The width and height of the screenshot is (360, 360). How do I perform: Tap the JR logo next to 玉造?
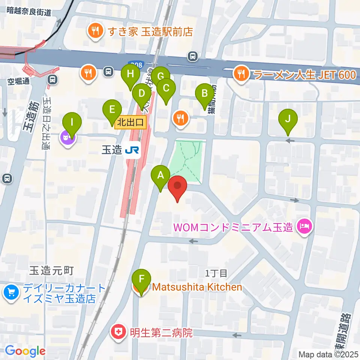(x=133, y=150)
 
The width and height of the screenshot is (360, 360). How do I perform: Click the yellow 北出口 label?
(x=130, y=122)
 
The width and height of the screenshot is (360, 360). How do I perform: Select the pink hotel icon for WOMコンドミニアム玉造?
(x=302, y=226)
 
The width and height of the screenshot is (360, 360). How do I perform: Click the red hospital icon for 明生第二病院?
(x=118, y=332)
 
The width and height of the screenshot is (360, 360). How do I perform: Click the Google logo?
(x=25, y=351)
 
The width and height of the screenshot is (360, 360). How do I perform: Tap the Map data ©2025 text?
(x=328, y=354)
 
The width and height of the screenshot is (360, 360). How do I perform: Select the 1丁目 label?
(x=216, y=273)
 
